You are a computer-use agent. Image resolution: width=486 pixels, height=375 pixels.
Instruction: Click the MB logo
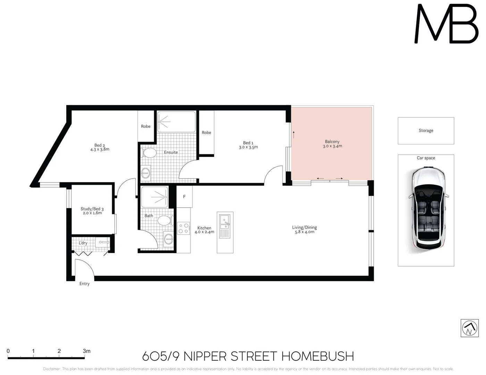click(446, 24)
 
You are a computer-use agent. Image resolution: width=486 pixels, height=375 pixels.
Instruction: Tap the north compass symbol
click(469, 328)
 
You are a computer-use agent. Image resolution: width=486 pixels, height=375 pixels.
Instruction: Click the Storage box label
click(426, 131)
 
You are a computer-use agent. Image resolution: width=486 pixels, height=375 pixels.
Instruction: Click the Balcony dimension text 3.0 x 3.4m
click(332, 146)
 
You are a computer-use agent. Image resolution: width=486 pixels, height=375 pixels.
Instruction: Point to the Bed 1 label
click(248, 143)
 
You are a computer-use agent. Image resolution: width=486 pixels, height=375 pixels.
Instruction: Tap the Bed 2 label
click(99, 145)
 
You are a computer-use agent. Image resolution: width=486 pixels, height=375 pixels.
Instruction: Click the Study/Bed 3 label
click(92, 209)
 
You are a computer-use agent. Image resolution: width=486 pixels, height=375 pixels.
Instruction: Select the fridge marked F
click(184, 197)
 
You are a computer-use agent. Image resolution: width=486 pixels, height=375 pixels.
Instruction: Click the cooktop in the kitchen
click(183, 228)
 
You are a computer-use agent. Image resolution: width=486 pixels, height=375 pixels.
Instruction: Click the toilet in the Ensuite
click(149, 153)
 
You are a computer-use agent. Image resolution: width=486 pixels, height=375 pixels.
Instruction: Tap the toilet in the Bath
click(164, 220)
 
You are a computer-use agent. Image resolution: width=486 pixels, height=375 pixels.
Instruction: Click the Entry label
click(84, 284)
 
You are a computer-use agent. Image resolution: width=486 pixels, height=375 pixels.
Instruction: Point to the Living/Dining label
click(304, 227)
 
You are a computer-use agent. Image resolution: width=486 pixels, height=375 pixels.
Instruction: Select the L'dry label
click(83, 243)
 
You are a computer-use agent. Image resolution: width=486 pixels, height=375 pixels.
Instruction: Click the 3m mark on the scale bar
click(86, 351)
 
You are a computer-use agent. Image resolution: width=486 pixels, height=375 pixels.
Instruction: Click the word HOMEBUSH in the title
click(317, 356)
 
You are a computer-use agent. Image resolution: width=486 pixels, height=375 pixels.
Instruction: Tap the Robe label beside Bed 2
click(146, 126)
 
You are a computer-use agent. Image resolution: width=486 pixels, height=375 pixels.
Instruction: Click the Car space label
click(426, 158)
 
